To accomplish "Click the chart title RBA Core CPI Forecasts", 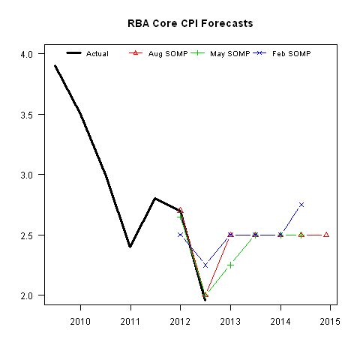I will pos(191,23).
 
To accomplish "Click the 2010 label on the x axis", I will pos(80,322).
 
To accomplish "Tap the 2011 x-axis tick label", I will pos(130,322).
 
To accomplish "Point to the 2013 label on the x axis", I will pos(230,322).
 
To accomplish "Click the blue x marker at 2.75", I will pos(301,205).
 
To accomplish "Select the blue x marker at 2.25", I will pos(205,265).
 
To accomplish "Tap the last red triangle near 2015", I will pos(326,235).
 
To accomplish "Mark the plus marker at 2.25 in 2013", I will pos(230,265).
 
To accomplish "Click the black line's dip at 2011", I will pos(130,247).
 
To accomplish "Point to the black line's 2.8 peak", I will pos(155,199).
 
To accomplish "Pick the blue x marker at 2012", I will pos(180,235).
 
